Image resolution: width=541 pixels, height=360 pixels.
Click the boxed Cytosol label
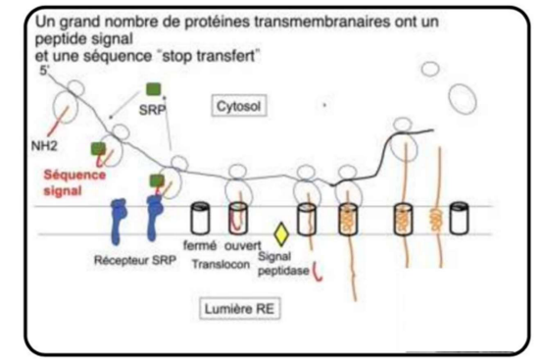[239, 106]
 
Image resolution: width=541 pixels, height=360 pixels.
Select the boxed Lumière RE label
[239, 309]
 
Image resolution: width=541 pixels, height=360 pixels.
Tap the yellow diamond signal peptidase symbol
[281, 234]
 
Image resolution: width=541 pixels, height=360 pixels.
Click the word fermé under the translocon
[200, 245]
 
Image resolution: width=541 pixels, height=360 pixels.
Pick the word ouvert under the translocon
[243, 245]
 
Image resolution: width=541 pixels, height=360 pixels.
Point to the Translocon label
[221, 264]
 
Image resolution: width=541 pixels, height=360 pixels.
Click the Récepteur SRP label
[135, 260]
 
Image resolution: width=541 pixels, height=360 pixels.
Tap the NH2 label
[44, 146]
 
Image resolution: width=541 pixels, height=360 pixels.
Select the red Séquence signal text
[74, 182]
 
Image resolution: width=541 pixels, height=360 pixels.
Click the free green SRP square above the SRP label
[154, 89]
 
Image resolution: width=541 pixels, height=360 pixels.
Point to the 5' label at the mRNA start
[44, 70]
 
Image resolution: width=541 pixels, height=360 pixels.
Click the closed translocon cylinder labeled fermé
[200, 218]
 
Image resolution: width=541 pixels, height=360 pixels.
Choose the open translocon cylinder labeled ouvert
[238, 218]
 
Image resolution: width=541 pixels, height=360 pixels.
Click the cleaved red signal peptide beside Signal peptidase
[318, 271]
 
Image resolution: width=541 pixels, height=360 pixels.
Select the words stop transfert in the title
[210, 56]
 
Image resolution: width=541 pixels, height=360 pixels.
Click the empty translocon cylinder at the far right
[460, 219]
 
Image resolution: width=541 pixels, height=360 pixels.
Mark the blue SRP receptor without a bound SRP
[118, 221]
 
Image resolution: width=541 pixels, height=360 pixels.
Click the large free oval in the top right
[463, 98]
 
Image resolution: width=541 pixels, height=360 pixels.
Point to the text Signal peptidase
[283, 264]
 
